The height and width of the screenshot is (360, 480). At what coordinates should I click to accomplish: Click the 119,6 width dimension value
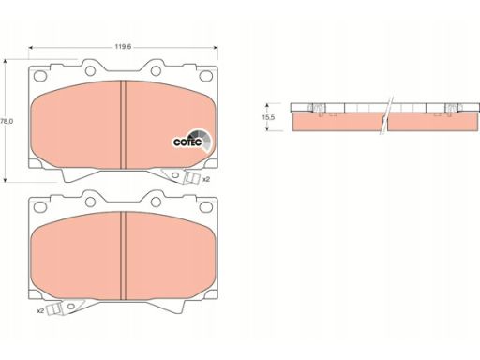(123, 47)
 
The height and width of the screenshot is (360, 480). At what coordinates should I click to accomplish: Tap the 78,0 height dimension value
(7, 121)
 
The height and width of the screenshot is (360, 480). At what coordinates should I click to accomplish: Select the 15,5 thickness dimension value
(268, 117)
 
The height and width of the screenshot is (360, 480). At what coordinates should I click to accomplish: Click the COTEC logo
(192, 142)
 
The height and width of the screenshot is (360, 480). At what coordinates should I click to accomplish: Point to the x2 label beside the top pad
(206, 179)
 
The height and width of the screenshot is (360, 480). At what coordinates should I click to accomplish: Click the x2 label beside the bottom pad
(40, 310)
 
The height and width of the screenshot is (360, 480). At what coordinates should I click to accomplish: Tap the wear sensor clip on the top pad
(192, 178)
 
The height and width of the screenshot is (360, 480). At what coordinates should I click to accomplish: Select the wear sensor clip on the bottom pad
(54, 309)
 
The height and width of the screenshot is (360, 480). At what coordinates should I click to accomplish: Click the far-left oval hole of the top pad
(40, 76)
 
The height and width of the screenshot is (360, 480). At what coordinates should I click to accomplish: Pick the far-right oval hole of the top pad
(206, 76)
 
